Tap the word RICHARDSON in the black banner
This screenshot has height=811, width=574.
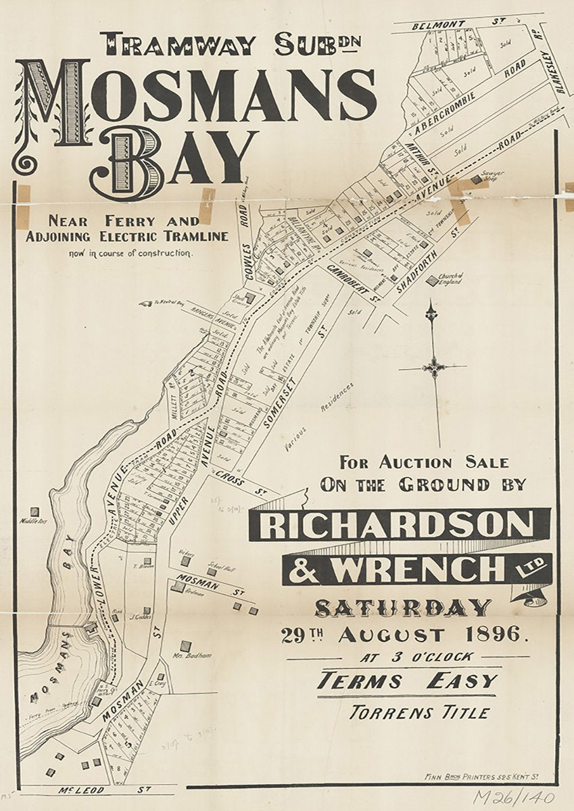pyautogui.click(x=399, y=525)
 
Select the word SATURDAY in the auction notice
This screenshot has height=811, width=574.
pyautogui.click(x=403, y=608)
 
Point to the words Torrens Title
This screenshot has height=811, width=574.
pyautogui.click(x=419, y=712)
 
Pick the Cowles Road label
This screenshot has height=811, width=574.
pyautogui.click(x=246, y=240)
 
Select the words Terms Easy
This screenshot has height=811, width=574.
pyautogui.click(x=408, y=680)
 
